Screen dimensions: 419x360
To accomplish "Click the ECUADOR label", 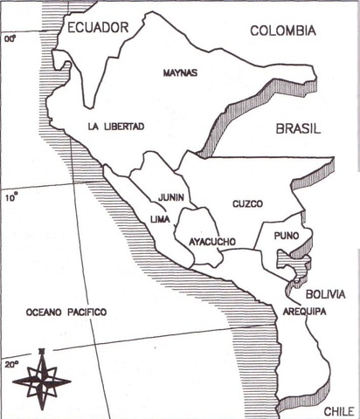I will click(98, 29).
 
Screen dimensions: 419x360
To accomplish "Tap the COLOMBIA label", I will click(283, 31).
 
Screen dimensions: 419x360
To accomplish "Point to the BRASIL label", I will click(298, 128).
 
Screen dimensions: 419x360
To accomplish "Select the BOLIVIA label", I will click(326, 294).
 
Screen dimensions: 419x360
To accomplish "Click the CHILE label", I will click(338, 410).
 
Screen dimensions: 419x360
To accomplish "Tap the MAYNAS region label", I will click(180, 74).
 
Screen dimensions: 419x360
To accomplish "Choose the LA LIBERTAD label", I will click(115, 127).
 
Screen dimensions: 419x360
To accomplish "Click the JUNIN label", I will click(171, 198).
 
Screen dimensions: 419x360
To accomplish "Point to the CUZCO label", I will click(247, 204).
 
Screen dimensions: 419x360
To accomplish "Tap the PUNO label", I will click(286, 236).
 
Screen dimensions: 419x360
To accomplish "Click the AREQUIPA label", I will click(304, 311).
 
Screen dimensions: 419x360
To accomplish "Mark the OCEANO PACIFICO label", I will click(66, 312).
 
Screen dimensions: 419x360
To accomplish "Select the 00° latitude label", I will click(10, 39).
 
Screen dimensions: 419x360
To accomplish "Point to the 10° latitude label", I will click(10, 197).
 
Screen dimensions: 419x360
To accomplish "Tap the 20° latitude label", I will click(11, 364).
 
